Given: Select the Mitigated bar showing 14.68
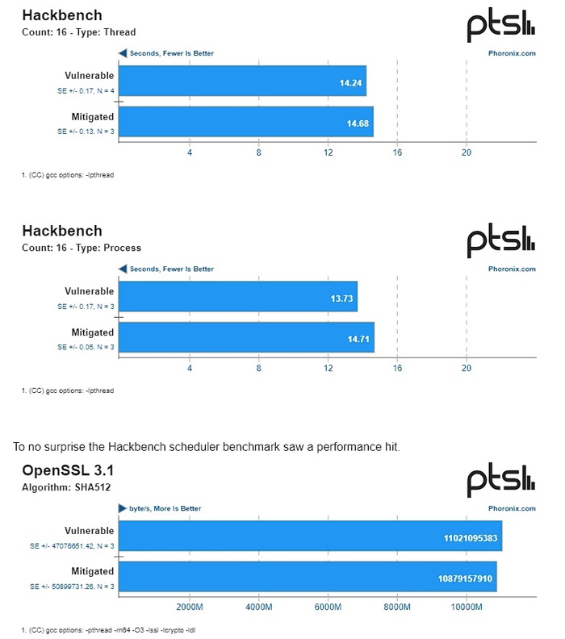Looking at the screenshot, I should (245, 122).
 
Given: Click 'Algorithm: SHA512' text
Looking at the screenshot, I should (56, 487).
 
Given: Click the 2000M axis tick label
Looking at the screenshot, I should (189, 607).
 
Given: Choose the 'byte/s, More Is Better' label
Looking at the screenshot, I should (165, 508).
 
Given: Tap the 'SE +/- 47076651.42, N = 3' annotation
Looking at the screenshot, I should (72, 546).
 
